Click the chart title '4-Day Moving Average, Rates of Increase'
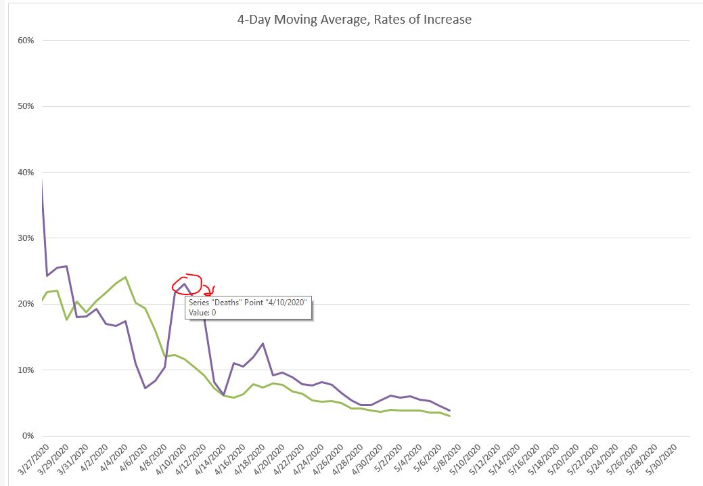354,20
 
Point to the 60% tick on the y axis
26,41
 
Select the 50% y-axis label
26,106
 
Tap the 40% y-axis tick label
26,173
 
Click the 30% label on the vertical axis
26,238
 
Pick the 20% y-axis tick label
26,304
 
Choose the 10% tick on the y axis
26,370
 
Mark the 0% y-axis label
28,436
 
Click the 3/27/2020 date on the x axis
34,459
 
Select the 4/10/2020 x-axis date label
171,459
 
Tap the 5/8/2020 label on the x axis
445,459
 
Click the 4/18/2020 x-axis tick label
249,459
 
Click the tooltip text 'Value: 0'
202,313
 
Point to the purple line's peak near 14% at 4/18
263,344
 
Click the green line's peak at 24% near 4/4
126,277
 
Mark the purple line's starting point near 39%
42,179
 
